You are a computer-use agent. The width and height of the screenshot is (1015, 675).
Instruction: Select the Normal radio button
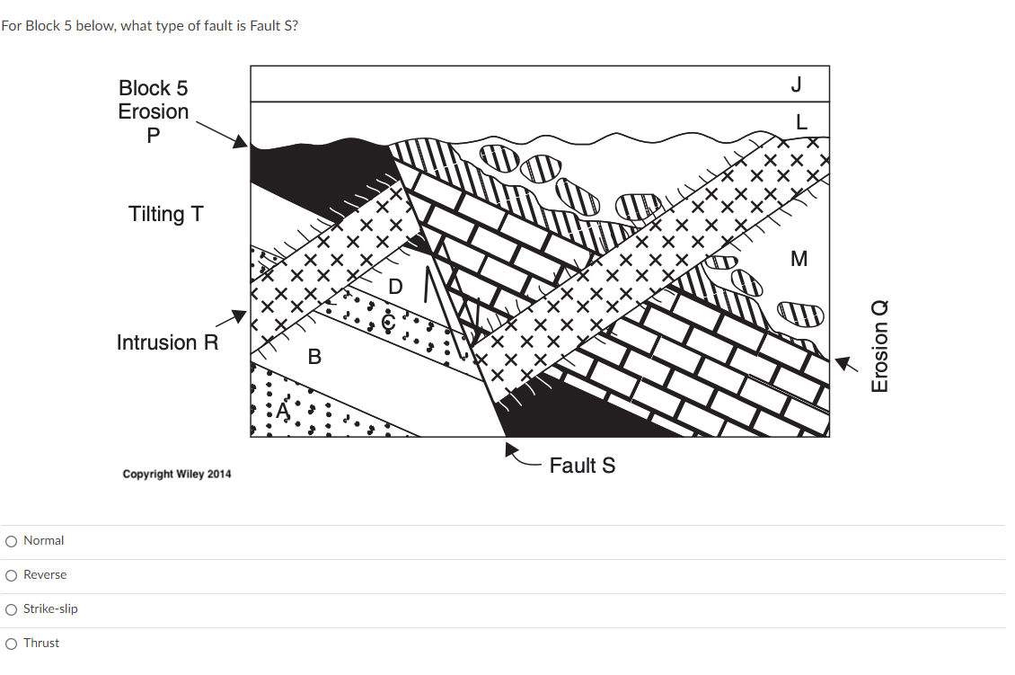[x=11, y=541]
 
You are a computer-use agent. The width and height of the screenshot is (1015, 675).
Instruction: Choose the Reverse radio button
[x=11, y=575]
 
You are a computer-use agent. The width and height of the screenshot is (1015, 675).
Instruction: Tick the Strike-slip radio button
[x=11, y=609]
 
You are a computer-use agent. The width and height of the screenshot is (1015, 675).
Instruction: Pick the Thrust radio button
[x=11, y=644]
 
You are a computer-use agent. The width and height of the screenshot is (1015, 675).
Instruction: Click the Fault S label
[x=582, y=466]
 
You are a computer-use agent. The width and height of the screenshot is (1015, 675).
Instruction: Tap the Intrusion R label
[x=167, y=342]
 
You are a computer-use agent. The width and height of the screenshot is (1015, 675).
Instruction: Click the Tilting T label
[x=166, y=214]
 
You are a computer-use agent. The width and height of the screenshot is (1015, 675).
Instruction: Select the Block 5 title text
[x=154, y=88]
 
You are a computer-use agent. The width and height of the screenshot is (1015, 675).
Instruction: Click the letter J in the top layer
[x=796, y=84]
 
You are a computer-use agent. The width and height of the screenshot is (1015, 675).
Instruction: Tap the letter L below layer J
[x=801, y=120]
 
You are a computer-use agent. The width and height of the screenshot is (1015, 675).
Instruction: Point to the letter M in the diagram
[x=799, y=260]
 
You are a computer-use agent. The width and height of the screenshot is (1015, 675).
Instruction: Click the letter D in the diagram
[x=395, y=288]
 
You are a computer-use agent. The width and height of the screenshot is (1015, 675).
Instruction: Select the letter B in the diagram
[x=313, y=357]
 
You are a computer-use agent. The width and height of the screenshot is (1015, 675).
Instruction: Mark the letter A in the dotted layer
[x=285, y=411]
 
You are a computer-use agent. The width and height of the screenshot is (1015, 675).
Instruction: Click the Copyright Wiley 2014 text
[x=177, y=474]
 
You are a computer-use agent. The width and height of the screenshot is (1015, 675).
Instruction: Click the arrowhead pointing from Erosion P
[x=240, y=142]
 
